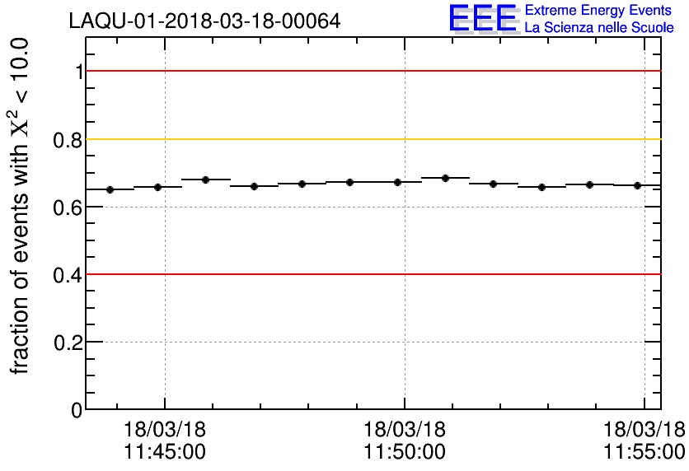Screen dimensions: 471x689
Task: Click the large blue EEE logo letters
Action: (x=483, y=19)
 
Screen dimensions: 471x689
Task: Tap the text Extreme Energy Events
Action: (x=598, y=11)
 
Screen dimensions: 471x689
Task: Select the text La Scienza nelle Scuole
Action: (x=599, y=28)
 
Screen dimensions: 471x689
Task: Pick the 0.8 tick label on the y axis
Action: (x=68, y=140)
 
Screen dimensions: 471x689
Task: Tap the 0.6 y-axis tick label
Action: (x=68, y=208)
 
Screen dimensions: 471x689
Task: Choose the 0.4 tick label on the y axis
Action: (x=68, y=275)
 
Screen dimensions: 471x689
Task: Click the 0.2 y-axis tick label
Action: (x=68, y=343)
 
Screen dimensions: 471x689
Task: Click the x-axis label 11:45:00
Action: (x=165, y=452)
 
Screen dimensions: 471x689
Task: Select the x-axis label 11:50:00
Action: (x=404, y=452)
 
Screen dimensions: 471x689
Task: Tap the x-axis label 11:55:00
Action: (x=644, y=452)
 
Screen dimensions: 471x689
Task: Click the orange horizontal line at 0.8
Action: (x=371, y=138)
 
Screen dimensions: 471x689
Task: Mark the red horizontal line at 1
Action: (x=371, y=71)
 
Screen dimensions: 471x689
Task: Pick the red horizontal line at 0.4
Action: (x=371, y=273)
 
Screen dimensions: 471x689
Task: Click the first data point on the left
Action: (x=110, y=189)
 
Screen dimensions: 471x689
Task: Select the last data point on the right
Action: (x=637, y=186)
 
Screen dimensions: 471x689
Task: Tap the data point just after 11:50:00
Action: (x=445, y=178)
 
